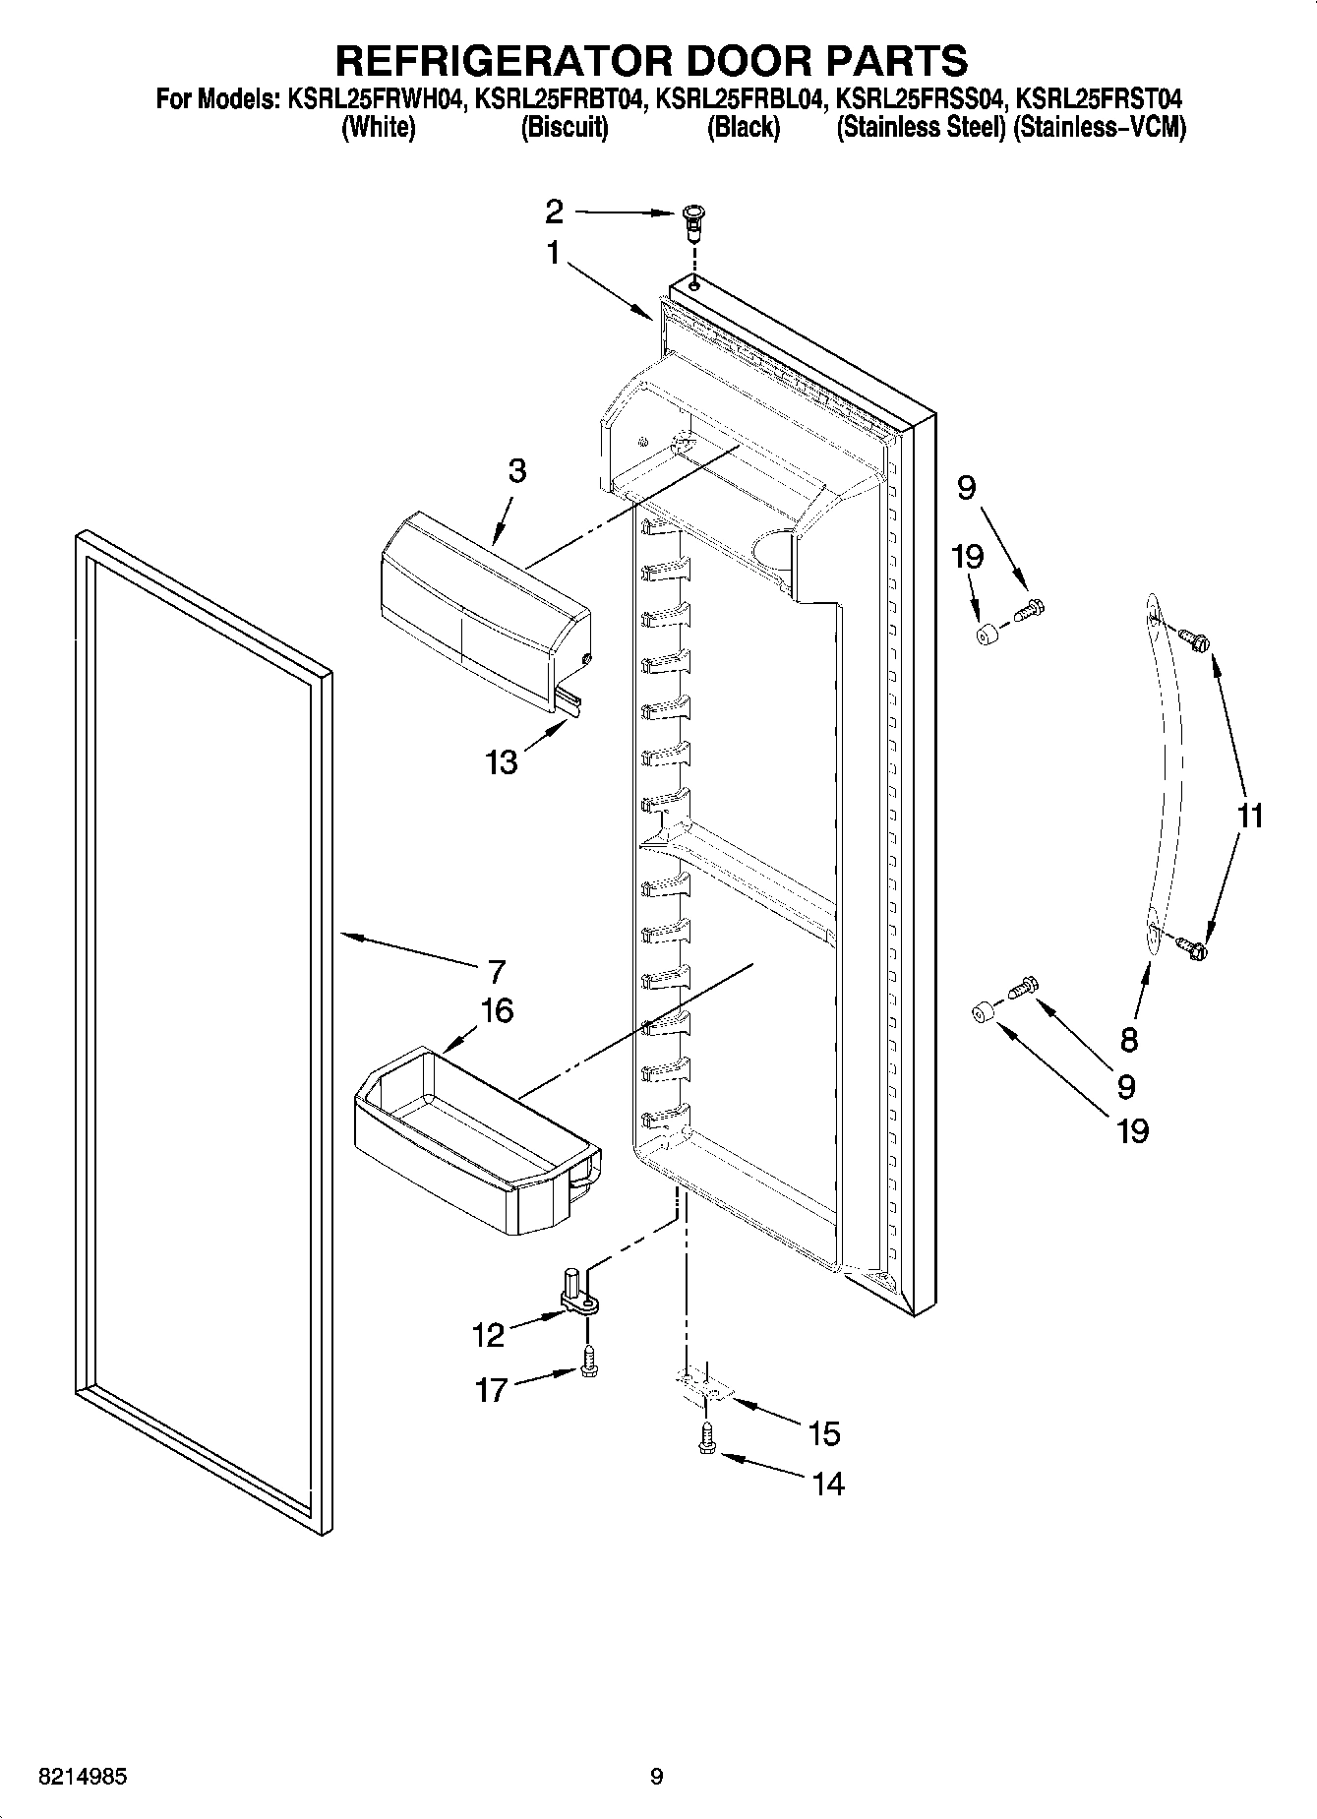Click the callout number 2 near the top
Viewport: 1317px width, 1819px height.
tap(555, 211)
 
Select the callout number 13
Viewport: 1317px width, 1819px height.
tap(502, 761)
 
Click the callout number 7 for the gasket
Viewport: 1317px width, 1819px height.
tap(497, 971)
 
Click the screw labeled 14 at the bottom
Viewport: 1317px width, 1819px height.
tap(707, 1443)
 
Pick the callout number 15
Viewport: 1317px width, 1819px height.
tap(823, 1433)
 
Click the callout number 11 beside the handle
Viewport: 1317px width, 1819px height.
tap(1248, 816)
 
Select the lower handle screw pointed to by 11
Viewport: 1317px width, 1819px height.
tap(1193, 948)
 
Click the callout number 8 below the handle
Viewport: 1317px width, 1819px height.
tap(1128, 1039)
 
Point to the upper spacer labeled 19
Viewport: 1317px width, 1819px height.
tap(986, 637)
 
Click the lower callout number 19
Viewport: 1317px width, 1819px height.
tap(1132, 1130)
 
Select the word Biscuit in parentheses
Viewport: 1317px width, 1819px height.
tap(565, 128)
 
